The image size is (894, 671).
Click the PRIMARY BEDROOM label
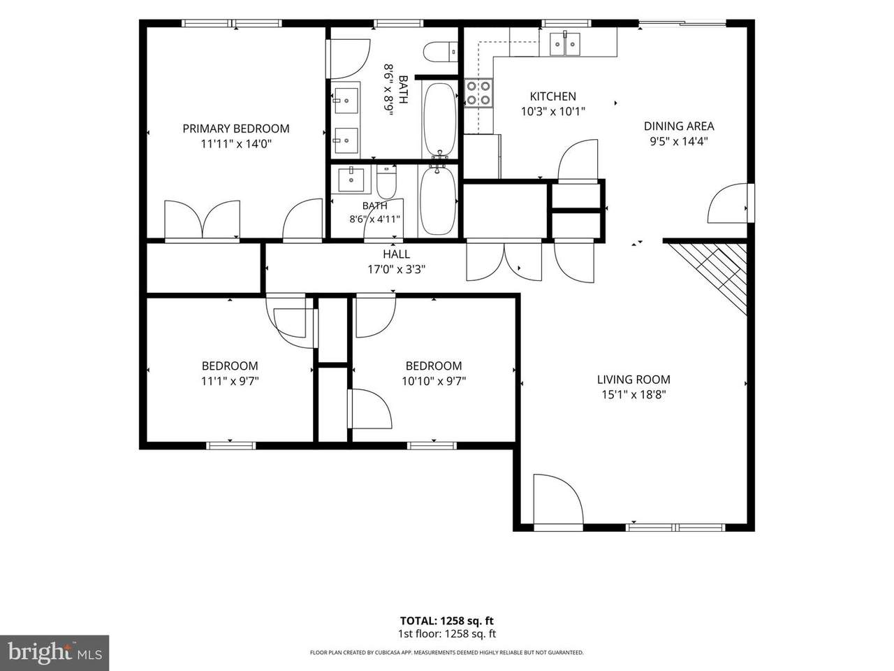click(236, 129)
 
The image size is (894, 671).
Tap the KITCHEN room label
click(552, 96)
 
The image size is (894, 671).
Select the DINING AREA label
click(679, 127)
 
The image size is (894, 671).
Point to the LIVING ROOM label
click(633, 380)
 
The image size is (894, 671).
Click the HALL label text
click(396, 254)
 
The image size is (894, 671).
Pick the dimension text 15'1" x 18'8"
click(633, 394)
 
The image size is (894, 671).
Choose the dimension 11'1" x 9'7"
click(230, 381)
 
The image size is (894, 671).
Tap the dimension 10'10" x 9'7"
click(434, 381)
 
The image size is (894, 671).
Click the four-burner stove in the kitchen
click(478, 92)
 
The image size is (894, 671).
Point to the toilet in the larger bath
click(440, 52)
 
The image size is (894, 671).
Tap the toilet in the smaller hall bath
click(386, 182)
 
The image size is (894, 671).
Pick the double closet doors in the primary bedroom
click(202, 219)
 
